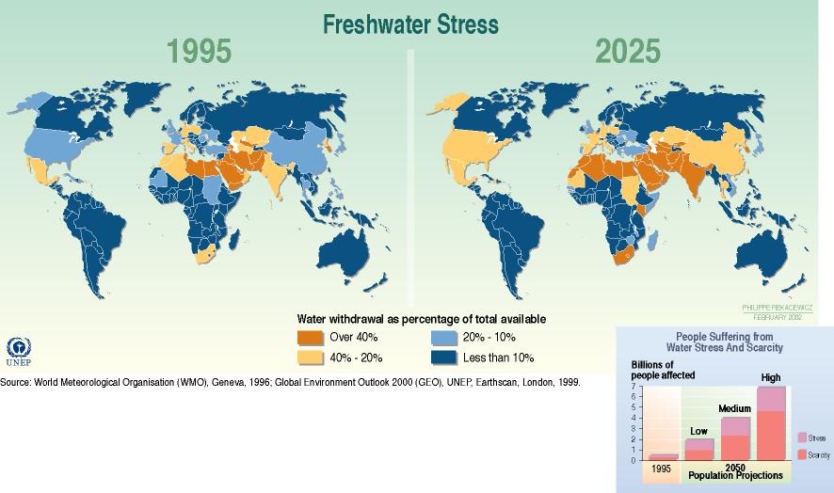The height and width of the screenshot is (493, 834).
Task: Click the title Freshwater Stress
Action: [410, 24]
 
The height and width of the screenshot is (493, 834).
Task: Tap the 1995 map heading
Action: [199, 52]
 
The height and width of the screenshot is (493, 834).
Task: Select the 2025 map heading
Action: [627, 52]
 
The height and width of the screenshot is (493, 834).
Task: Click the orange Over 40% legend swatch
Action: [310, 337]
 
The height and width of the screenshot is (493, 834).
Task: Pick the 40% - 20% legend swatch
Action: [310, 358]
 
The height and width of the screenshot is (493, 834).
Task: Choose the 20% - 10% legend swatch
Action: [443, 337]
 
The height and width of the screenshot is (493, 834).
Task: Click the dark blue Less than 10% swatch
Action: [443, 358]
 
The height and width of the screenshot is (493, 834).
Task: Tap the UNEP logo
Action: [19, 352]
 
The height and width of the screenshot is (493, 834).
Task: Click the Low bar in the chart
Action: [699, 449]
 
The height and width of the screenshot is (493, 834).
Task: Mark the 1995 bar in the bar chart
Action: [662, 457]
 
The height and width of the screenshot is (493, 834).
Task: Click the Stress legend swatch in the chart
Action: [801, 437]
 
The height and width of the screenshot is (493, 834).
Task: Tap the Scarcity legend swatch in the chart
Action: [801, 454]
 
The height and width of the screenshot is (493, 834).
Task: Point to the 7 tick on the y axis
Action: [634, 387]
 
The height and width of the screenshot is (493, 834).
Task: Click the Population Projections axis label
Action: [735, 475]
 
